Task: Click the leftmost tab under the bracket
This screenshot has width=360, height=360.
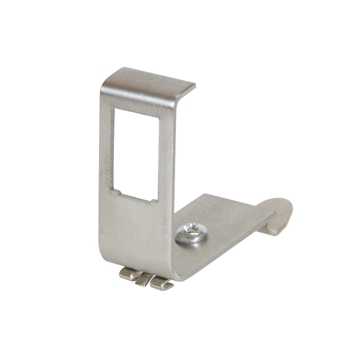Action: click(130, 273)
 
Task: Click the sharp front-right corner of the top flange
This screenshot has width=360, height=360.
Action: click(195, 84)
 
